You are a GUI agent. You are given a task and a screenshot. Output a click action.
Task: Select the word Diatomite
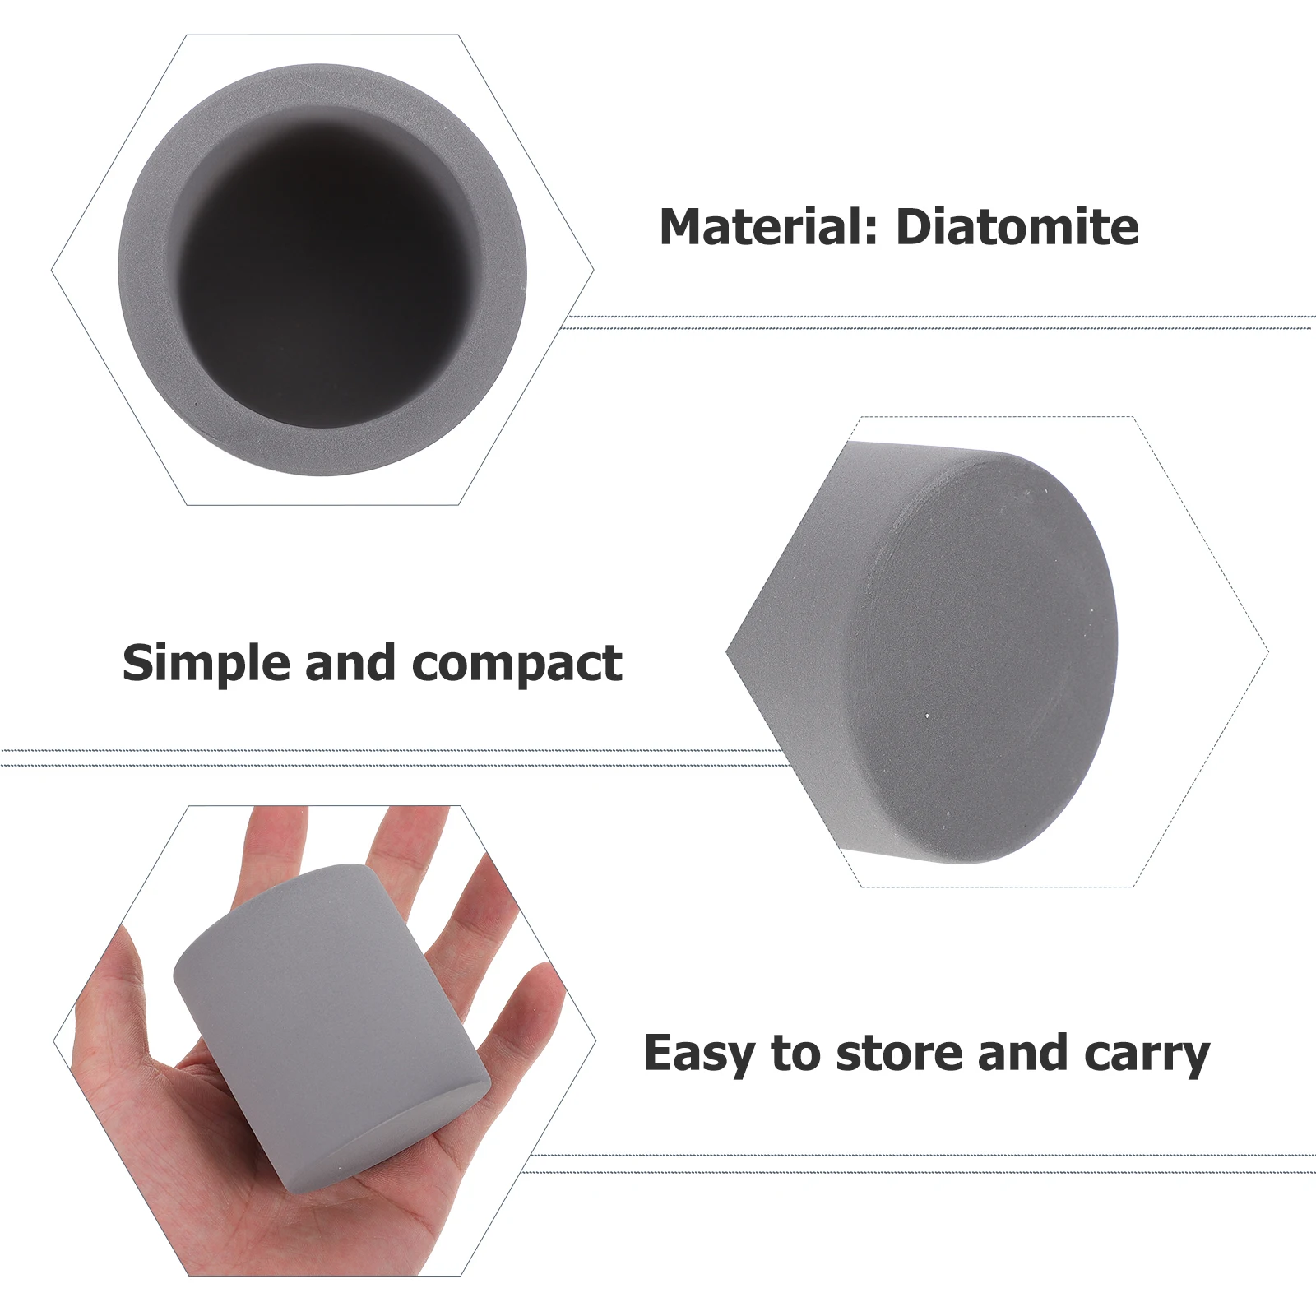click(x=1017, y=227)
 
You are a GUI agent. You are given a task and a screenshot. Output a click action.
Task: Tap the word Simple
click(x=206, y=663)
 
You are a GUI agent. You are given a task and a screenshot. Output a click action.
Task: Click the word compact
click(x=517, y=665)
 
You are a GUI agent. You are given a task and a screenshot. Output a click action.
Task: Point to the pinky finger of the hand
click(x=526, y=1012)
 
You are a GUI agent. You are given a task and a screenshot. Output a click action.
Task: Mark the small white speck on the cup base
click(x=927, y=716)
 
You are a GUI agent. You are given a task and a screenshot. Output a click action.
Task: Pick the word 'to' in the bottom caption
click(x=795, y=1054)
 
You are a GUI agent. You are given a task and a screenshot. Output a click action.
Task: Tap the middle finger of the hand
click(x=403, y=847)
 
